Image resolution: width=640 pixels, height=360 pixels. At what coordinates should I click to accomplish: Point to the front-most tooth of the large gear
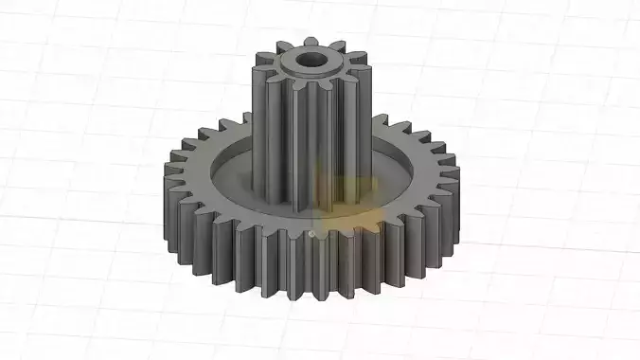point(312,270)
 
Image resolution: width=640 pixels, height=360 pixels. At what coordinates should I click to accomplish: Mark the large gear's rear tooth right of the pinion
point(388,123)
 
